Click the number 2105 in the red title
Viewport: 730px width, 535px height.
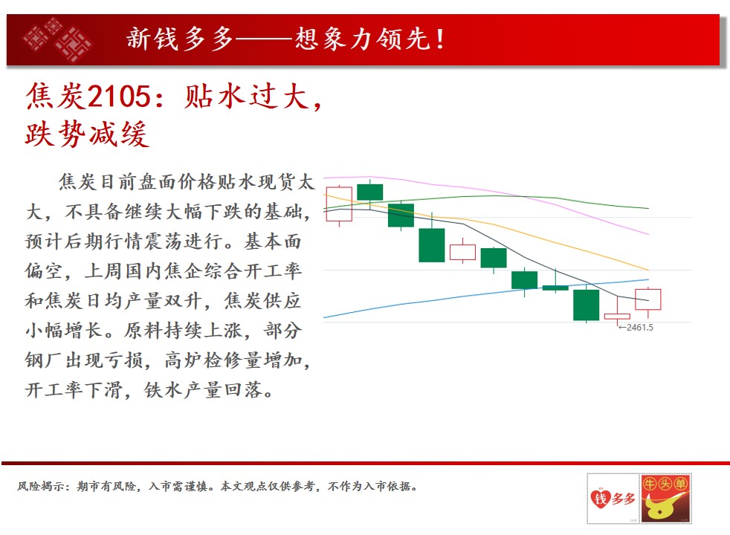119,97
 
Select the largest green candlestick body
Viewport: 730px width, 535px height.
432,245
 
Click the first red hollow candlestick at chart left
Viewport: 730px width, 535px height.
339,204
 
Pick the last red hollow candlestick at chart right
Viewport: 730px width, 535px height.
648,299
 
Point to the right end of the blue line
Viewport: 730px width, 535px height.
648,279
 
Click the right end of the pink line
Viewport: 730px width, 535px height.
648,234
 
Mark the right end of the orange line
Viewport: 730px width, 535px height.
648,270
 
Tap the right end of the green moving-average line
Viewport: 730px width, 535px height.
648,208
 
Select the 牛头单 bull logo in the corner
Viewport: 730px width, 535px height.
666,499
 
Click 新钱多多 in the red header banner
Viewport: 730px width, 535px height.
180,39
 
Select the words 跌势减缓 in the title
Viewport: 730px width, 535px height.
88,134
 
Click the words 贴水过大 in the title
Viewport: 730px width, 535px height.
247,97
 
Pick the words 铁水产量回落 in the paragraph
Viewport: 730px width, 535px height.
204,389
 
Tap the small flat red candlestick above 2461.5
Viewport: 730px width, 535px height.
617,317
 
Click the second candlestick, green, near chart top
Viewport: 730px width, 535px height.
370,192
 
